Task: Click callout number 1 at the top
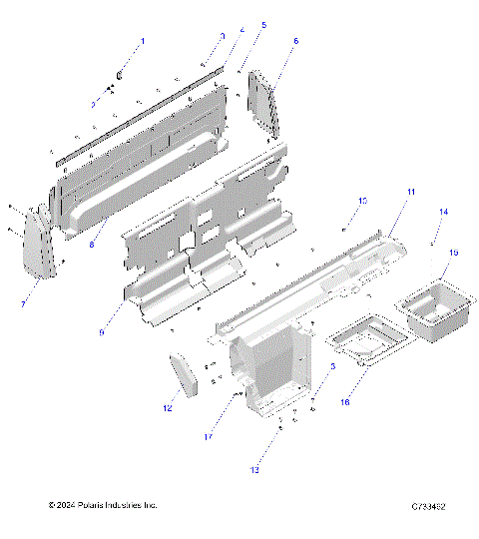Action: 142,42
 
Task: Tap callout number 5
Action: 263,25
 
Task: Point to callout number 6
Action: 295,42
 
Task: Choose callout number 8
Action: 92,243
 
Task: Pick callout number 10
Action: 362,202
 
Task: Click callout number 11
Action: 410,191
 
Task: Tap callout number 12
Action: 168,408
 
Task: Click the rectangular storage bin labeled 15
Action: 432,314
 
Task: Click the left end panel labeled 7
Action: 40,247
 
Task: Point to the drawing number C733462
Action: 426,507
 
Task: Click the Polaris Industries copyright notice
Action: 103,507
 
